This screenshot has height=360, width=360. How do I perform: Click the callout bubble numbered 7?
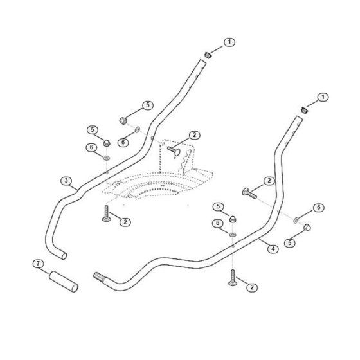[38, 264]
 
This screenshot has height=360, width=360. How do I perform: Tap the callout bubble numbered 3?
[66, 181]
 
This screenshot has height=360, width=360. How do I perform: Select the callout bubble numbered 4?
[273, 249]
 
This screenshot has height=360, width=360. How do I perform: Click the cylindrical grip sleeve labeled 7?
[64, 282]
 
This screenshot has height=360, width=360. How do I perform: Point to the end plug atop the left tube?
[208, 55]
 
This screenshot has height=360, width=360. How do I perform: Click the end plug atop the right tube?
[305, 110]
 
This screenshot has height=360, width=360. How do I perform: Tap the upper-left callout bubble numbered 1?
[230, 42]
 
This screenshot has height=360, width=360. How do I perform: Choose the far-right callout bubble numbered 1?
[323, 97]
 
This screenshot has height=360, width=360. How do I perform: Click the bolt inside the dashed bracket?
[174, 151]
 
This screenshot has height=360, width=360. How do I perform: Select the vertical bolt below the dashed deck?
[106, 213]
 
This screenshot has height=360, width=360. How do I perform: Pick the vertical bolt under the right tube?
[233, 278]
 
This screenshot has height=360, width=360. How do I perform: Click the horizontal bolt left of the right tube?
[249, 194]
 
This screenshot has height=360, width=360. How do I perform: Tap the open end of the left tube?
[64, 256]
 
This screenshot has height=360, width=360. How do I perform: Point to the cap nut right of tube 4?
[307, 227]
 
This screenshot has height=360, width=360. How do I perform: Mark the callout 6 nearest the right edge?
[318, 208]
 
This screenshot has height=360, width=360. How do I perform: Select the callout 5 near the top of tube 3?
[147, 105]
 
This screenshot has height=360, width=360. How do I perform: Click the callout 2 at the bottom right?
[252, 287]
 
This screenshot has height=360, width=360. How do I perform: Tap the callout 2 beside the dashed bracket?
[194, 135]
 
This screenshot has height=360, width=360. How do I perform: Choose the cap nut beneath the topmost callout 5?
[123, 121]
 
